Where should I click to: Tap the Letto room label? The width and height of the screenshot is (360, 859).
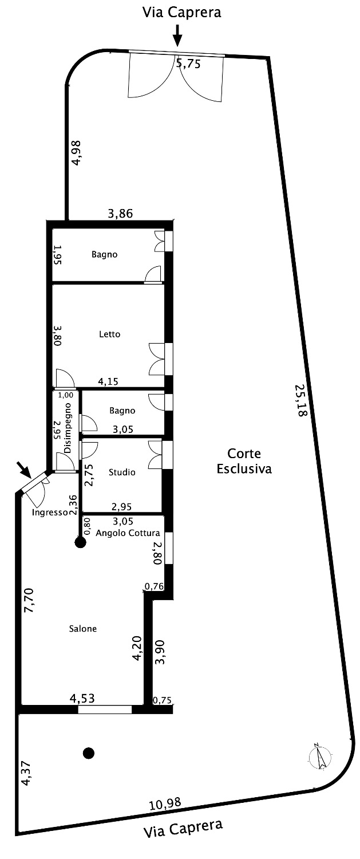point(110,334)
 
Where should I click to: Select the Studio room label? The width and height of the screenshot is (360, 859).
point(122,472)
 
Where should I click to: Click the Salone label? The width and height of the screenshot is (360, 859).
point(83,629)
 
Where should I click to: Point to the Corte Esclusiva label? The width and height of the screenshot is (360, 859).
point(244,461)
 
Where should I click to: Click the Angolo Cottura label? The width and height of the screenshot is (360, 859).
point(128,533)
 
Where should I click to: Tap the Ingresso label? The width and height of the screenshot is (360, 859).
point(50,513)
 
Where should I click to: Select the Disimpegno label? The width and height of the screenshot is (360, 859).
point(68,428)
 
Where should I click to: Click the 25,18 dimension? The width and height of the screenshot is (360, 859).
point(301,401)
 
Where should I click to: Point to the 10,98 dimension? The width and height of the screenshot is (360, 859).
point(165,802)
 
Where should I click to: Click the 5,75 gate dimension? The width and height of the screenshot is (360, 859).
point(188,63)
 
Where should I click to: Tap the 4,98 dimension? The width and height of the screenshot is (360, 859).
point(77,153)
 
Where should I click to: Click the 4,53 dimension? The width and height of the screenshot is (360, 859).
point(82,698)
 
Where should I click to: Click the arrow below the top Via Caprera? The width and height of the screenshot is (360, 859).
point(177,36)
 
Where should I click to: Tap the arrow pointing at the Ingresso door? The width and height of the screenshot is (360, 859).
point(24,470)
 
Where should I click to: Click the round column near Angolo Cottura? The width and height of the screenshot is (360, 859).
point(80,542)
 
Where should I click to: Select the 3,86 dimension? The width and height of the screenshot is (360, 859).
point(120,213)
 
